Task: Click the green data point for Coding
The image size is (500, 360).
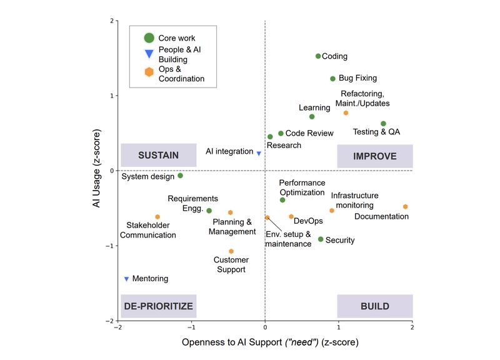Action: (318, 56)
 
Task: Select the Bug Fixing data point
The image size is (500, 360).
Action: (332, 79)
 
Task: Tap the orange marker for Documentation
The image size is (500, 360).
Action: (405, 207)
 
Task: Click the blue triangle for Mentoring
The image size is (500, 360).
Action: (126, 279)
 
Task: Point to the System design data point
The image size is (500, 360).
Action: (180, 176)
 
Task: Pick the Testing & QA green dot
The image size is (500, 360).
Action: (383, 124)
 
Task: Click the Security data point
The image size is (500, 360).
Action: (321, 239)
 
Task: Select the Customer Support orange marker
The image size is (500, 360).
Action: (231, 251)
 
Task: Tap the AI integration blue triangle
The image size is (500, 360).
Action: (259, 153)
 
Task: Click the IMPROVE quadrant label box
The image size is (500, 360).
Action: (375, 156)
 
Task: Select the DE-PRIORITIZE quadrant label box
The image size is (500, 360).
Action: (159, 306)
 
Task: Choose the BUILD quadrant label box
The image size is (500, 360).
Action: (375, 306)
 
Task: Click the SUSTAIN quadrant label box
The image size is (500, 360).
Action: (159, 156)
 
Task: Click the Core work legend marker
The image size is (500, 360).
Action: (149, 38)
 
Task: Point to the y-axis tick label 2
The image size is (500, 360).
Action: (111, 21)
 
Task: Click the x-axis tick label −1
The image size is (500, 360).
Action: (191, 327)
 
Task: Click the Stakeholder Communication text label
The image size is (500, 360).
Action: (147, 230)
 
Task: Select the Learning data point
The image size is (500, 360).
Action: (312, 117)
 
